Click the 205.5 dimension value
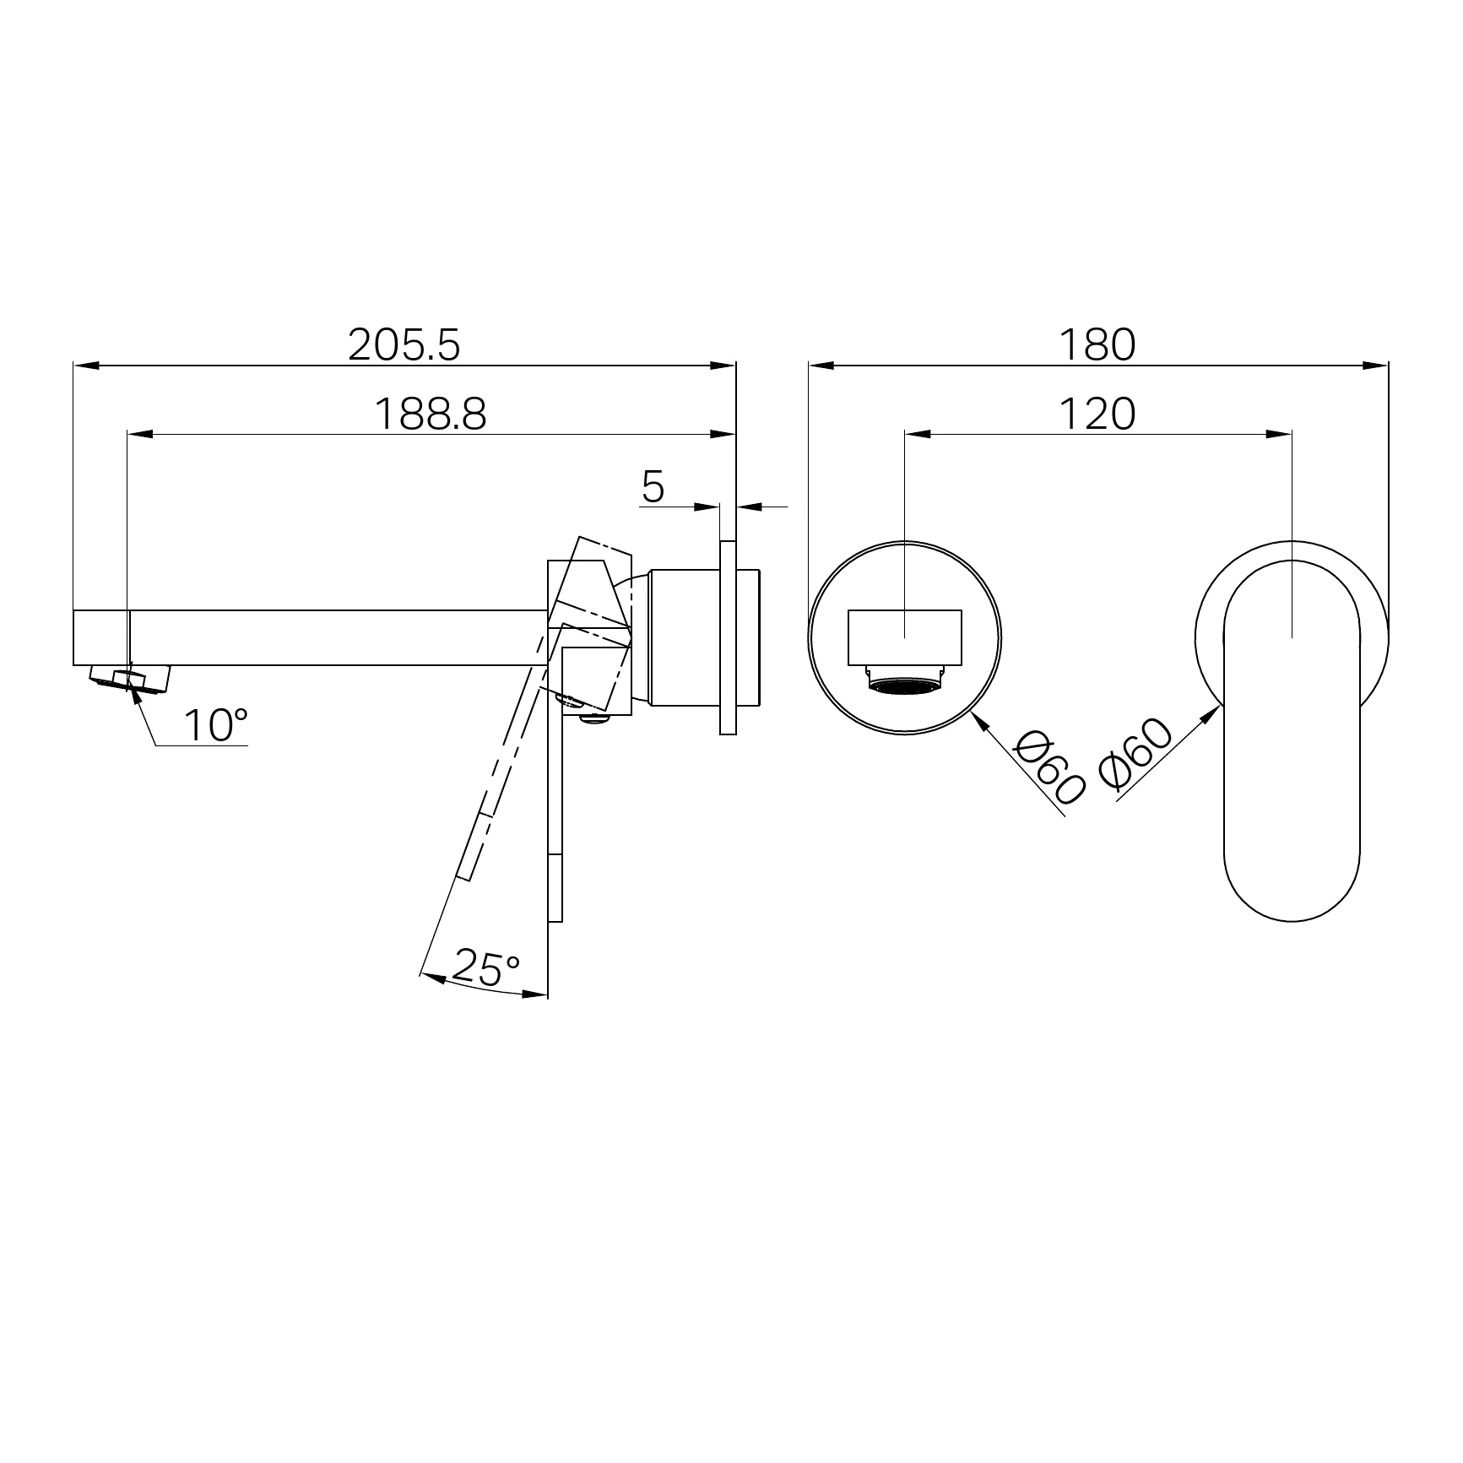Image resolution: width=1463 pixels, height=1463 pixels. pos(404,344)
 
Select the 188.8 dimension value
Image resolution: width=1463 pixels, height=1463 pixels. pos(430,414)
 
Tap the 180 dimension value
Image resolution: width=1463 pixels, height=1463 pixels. pos(1097,344)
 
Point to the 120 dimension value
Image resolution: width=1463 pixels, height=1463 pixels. pos(1097,414)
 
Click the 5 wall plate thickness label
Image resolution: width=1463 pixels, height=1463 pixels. pos(653,486)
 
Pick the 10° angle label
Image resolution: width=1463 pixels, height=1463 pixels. pos(215,725)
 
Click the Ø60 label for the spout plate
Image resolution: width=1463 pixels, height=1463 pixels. pos(1049,767)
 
